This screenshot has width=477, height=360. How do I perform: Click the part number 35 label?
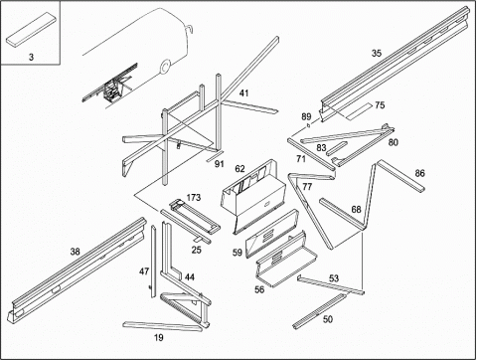[x=377, y=53]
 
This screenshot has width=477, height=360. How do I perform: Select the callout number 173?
[x=194, y=198]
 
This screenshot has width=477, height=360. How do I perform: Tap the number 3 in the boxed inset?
[x=31, y=57]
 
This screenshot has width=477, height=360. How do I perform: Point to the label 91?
[x=220, y=164]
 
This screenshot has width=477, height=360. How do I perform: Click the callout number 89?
[x=306, y=116]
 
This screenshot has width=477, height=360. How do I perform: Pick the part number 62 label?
[x=239, y=169]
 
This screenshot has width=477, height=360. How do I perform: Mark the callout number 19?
[x=159, y=338]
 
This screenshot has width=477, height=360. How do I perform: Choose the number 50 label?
[x=328, y=319]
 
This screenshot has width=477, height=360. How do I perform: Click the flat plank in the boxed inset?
[x=31, y=29]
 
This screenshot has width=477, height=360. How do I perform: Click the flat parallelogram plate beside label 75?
[x=359, y=111]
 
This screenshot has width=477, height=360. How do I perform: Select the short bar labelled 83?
[x=337, y=148]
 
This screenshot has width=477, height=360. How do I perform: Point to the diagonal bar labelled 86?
[x=401, y=175]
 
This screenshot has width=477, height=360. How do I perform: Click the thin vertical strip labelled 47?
[x=153, y=262]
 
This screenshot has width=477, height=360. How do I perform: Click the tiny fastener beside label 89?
[x=308, y=125]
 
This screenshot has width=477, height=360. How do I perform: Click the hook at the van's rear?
[x=190, y=29]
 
